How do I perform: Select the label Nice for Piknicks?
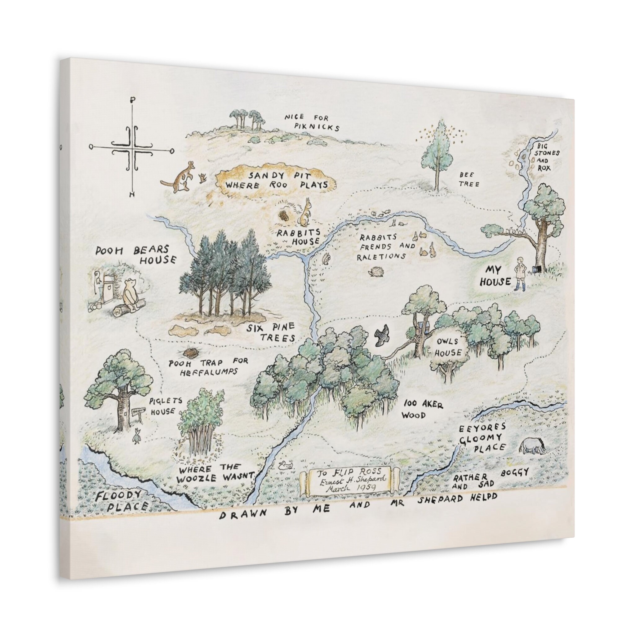[x=311, y=122]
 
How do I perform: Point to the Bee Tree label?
[x=469, y=180]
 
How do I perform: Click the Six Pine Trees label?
[x=272, y=332]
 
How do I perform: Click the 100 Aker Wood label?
[x=422, y=409]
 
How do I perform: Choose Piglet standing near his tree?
[x=136, y=436]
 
